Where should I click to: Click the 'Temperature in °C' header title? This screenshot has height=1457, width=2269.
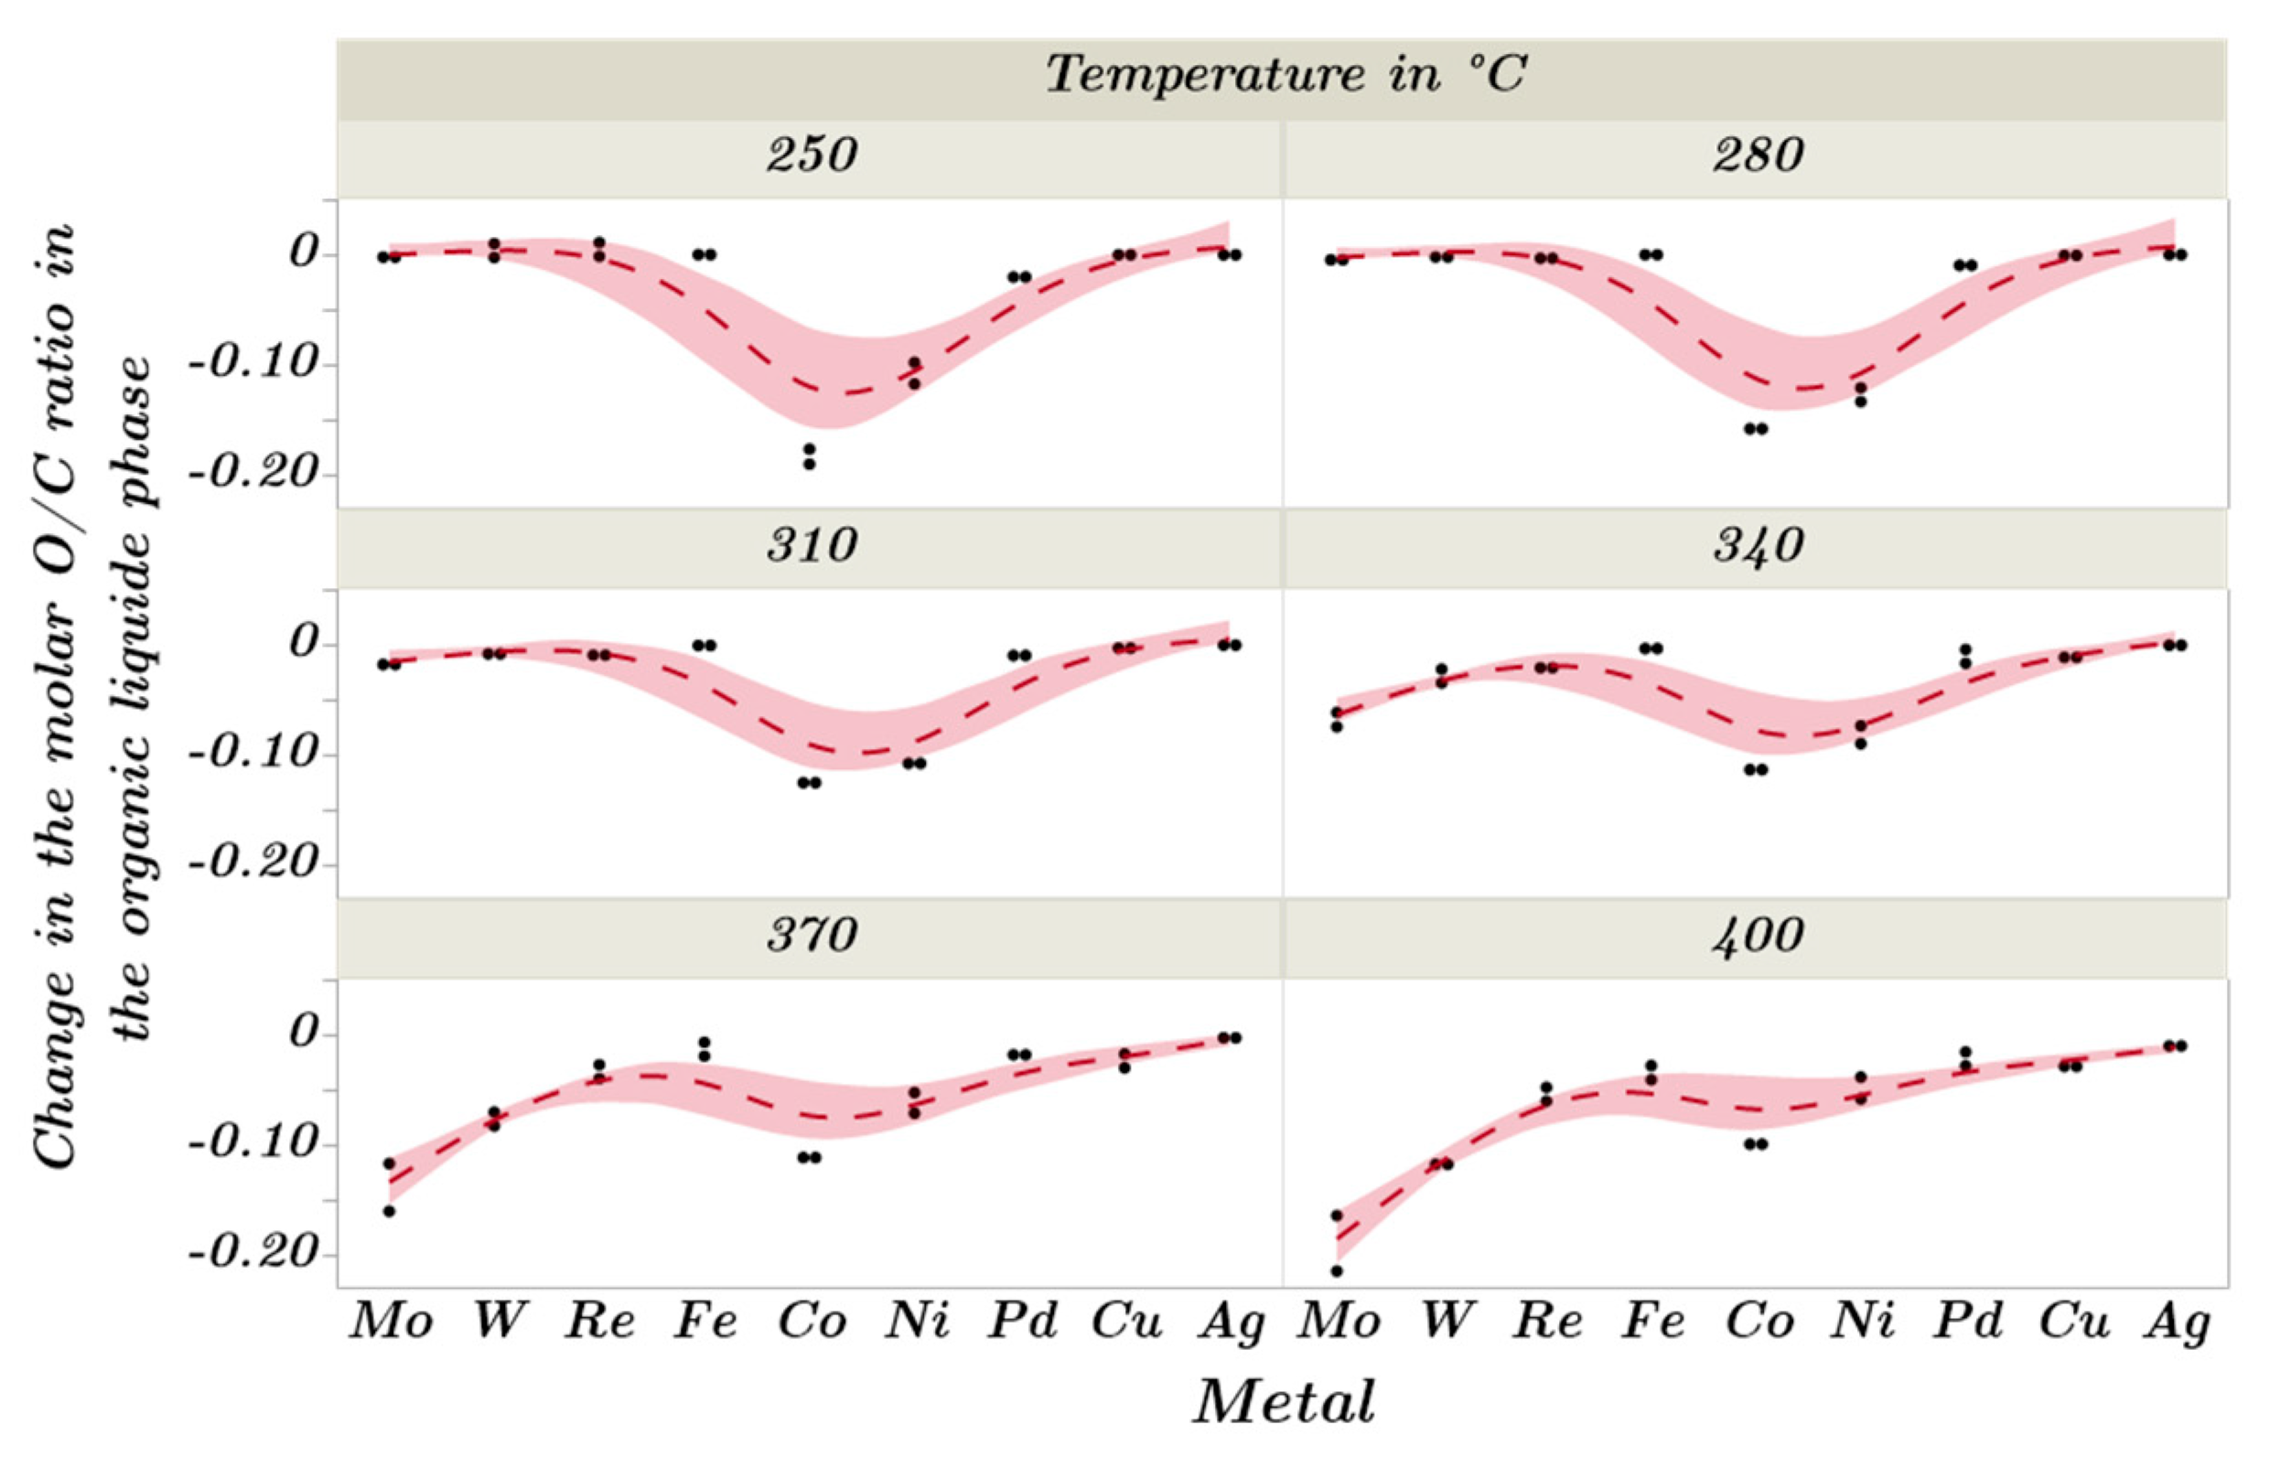point(1285,75)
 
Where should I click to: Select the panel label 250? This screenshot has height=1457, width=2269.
point(812,155)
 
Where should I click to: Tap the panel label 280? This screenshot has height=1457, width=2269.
point(1758,155)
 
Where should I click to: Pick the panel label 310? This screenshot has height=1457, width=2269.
point(812,546)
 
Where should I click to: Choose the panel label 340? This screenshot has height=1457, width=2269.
point(1758,546)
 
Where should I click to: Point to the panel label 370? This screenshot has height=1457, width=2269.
point(812,937)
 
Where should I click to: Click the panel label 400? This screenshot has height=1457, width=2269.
point(1758,937)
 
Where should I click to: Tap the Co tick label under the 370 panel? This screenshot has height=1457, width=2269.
point(812,1322)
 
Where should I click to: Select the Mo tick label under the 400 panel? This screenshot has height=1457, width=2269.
point(1338,1322)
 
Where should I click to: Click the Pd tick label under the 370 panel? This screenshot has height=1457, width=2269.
point(1022,1322)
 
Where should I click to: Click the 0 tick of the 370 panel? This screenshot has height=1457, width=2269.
point(305,1034)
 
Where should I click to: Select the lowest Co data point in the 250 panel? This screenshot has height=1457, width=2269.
point(810,464)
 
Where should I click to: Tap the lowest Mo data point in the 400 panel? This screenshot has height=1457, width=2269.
point(1337,1270)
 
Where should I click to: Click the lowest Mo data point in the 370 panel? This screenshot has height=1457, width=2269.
point(389,1211)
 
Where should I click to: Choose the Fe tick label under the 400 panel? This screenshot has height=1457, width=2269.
point(1653,1322)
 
